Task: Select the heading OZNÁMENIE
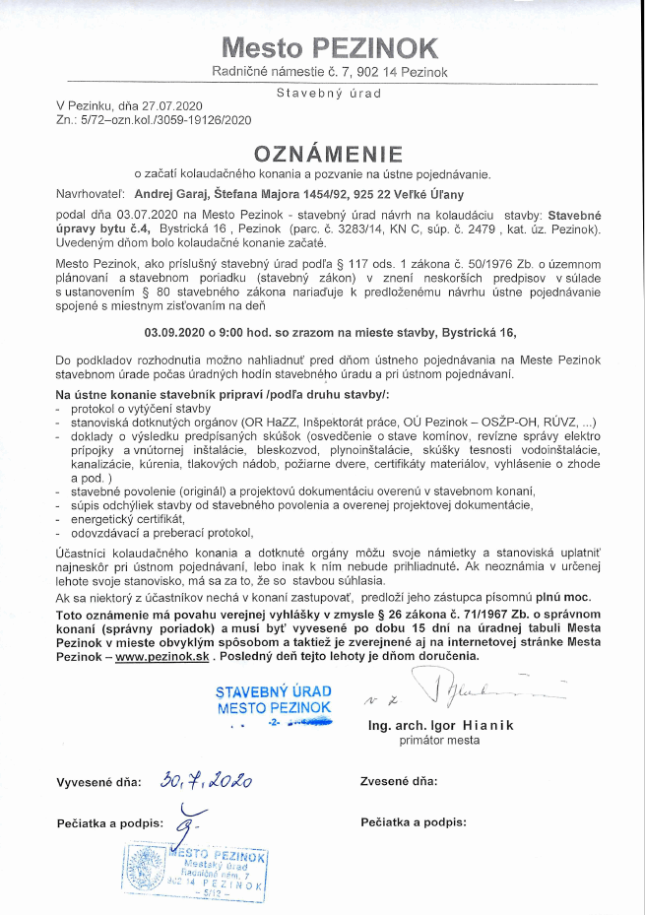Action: [329, 154]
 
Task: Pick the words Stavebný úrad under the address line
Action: [329, 92]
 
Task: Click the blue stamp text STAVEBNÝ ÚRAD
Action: [274, 691]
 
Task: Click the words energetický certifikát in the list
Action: [121, 518]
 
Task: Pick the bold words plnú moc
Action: [565, 598]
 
